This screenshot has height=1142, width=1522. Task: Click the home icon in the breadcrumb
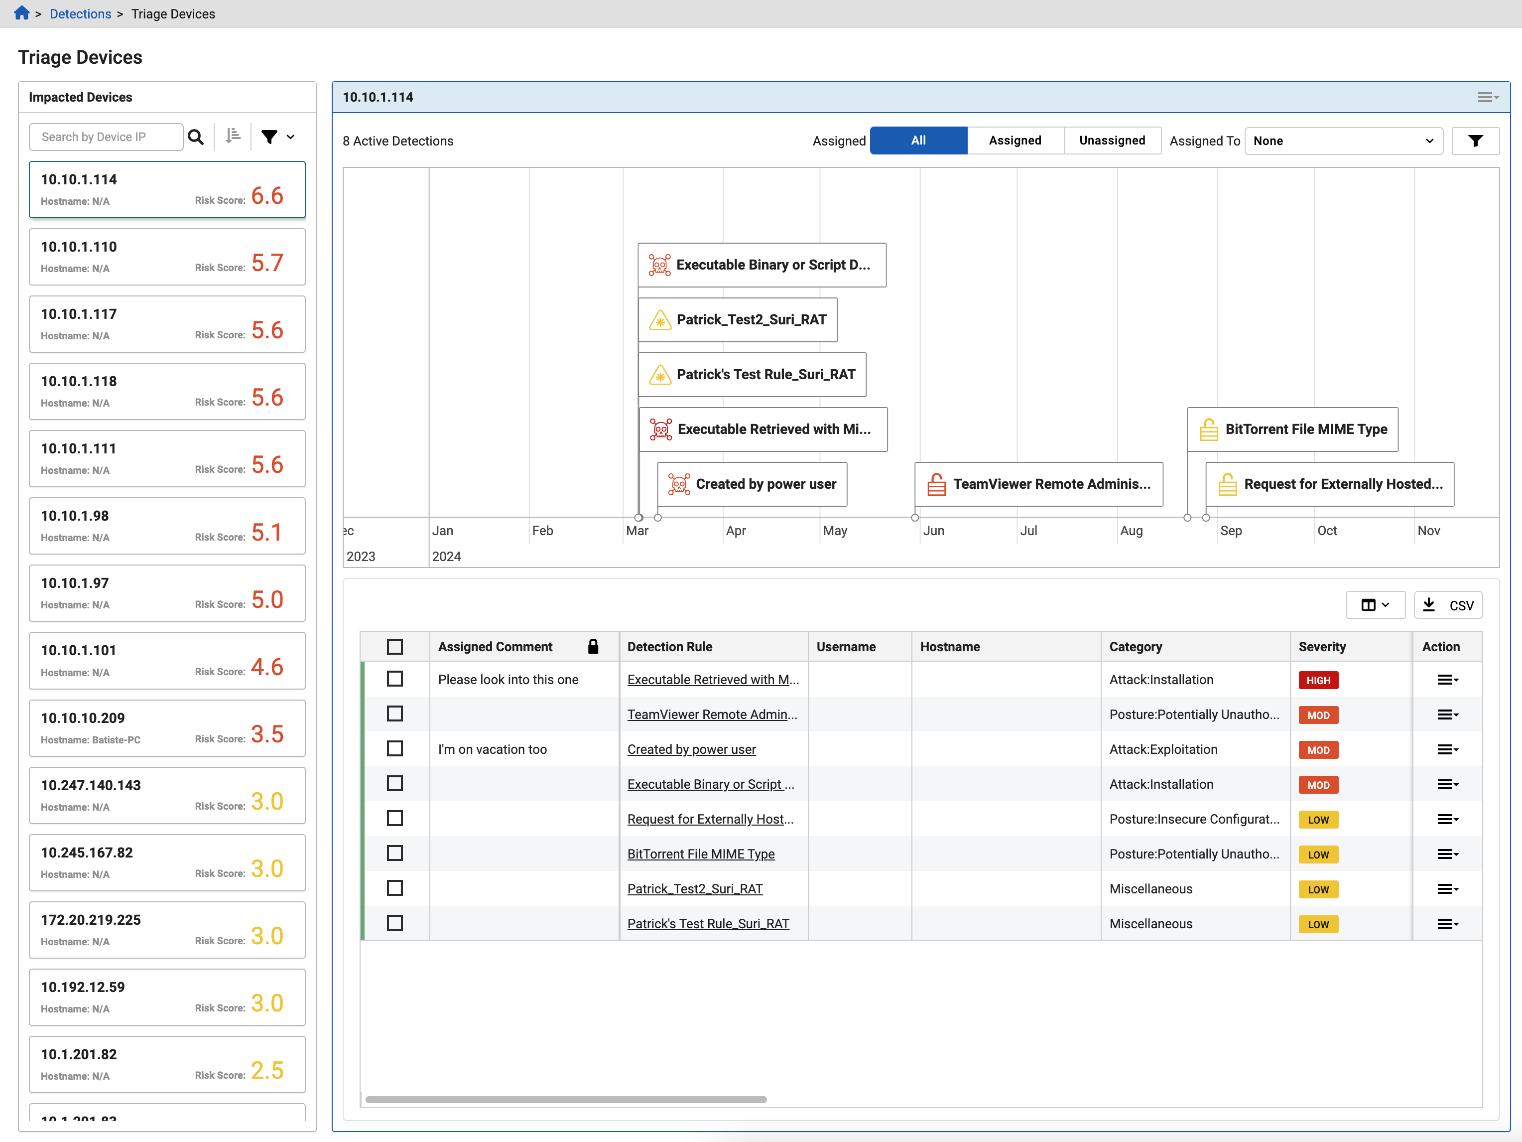[21, 13]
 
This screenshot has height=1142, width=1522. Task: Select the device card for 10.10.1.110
[167, 257]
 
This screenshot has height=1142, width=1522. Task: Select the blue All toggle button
[918, 141]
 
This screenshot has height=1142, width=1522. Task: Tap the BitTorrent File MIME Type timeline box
[1292, 429]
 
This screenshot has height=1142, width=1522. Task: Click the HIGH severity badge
[1318, 680]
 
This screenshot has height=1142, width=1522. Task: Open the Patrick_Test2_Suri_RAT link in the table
[695, 889]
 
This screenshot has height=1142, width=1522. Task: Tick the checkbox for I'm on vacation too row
[395, 748]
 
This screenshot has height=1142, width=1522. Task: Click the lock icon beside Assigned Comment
[593, 646]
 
